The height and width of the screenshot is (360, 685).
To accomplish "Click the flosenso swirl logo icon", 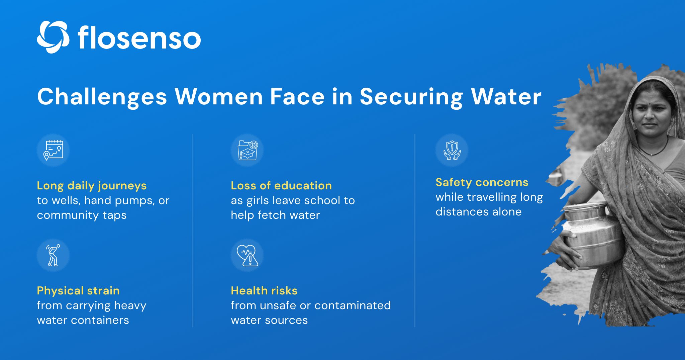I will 53,37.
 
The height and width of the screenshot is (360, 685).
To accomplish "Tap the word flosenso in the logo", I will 139,38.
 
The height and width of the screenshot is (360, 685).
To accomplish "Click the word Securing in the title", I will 411,97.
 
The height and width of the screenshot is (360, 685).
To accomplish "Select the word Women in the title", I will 219,97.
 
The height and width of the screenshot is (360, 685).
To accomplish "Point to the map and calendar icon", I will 53,150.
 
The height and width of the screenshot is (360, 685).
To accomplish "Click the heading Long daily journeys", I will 92,185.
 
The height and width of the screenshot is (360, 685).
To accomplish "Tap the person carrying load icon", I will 53,255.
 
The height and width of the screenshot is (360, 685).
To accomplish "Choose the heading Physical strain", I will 78,290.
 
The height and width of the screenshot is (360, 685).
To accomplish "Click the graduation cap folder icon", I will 247,150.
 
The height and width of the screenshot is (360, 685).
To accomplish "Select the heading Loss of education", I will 281,185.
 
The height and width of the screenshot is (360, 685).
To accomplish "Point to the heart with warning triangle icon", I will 247,255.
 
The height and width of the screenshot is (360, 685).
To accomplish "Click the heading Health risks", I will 264,290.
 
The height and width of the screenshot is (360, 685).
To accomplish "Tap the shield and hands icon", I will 452,150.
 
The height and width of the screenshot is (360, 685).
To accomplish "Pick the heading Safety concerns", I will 482,182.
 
